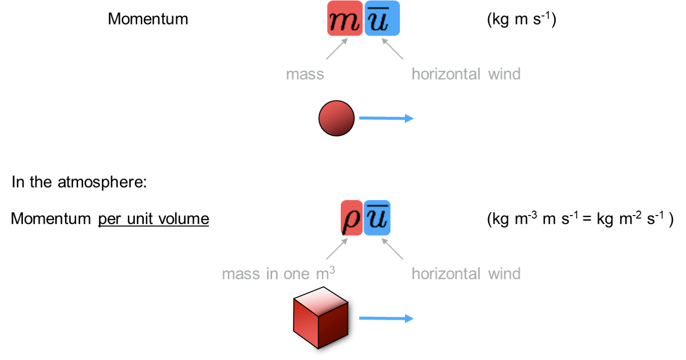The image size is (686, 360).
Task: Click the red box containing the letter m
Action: click(x=345, y=18)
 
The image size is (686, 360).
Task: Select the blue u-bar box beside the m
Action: click(x=382, y=18)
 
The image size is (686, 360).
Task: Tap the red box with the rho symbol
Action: click(x=351, y=218)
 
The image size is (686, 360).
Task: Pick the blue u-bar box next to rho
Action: click(x=377, y=218)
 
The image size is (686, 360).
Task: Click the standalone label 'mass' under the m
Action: click(x=305, y=74)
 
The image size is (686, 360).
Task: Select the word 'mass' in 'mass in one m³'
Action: click(x=241, y=274)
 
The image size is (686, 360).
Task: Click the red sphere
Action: click(x=337, y=118)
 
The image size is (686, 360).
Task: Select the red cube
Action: click(x=321, y=317)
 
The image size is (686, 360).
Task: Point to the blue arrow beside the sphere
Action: click(x=386, y=118)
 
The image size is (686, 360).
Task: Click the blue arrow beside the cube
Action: click(x=386, y=318)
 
